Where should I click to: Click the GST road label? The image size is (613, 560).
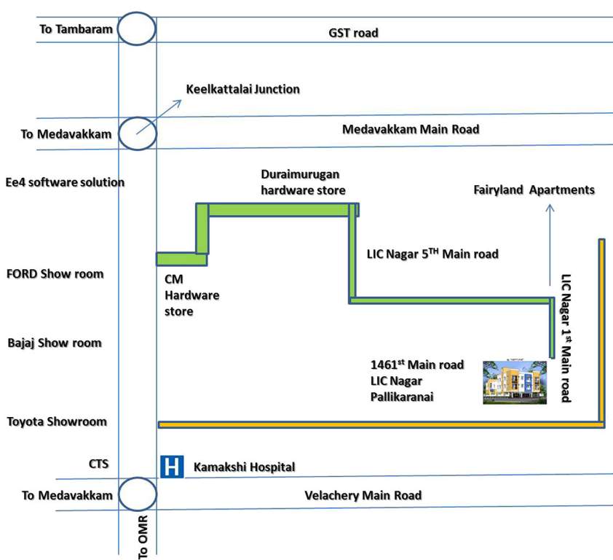point(354,33)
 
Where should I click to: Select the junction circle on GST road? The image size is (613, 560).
point(137,29)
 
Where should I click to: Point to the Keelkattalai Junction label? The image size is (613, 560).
point(242,90)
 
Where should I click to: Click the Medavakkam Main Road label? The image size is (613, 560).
point(411,130)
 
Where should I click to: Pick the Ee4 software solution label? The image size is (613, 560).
point(65,182)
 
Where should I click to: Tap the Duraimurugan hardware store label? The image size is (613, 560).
point(303,182)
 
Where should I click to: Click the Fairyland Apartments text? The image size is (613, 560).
point(534,190)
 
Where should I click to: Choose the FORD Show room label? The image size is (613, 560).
point(55,274)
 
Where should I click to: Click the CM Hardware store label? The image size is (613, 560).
point(191,295)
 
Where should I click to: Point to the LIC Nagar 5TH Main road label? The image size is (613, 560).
point(433,254)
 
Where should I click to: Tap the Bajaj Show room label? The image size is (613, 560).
point(54,343)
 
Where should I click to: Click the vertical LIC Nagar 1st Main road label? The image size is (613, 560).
point(566,338)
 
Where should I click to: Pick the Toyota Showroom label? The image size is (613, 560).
point(57,421)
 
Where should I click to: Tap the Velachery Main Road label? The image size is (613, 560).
point(363,495)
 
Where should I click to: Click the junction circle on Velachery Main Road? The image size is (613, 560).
point(137,495)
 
